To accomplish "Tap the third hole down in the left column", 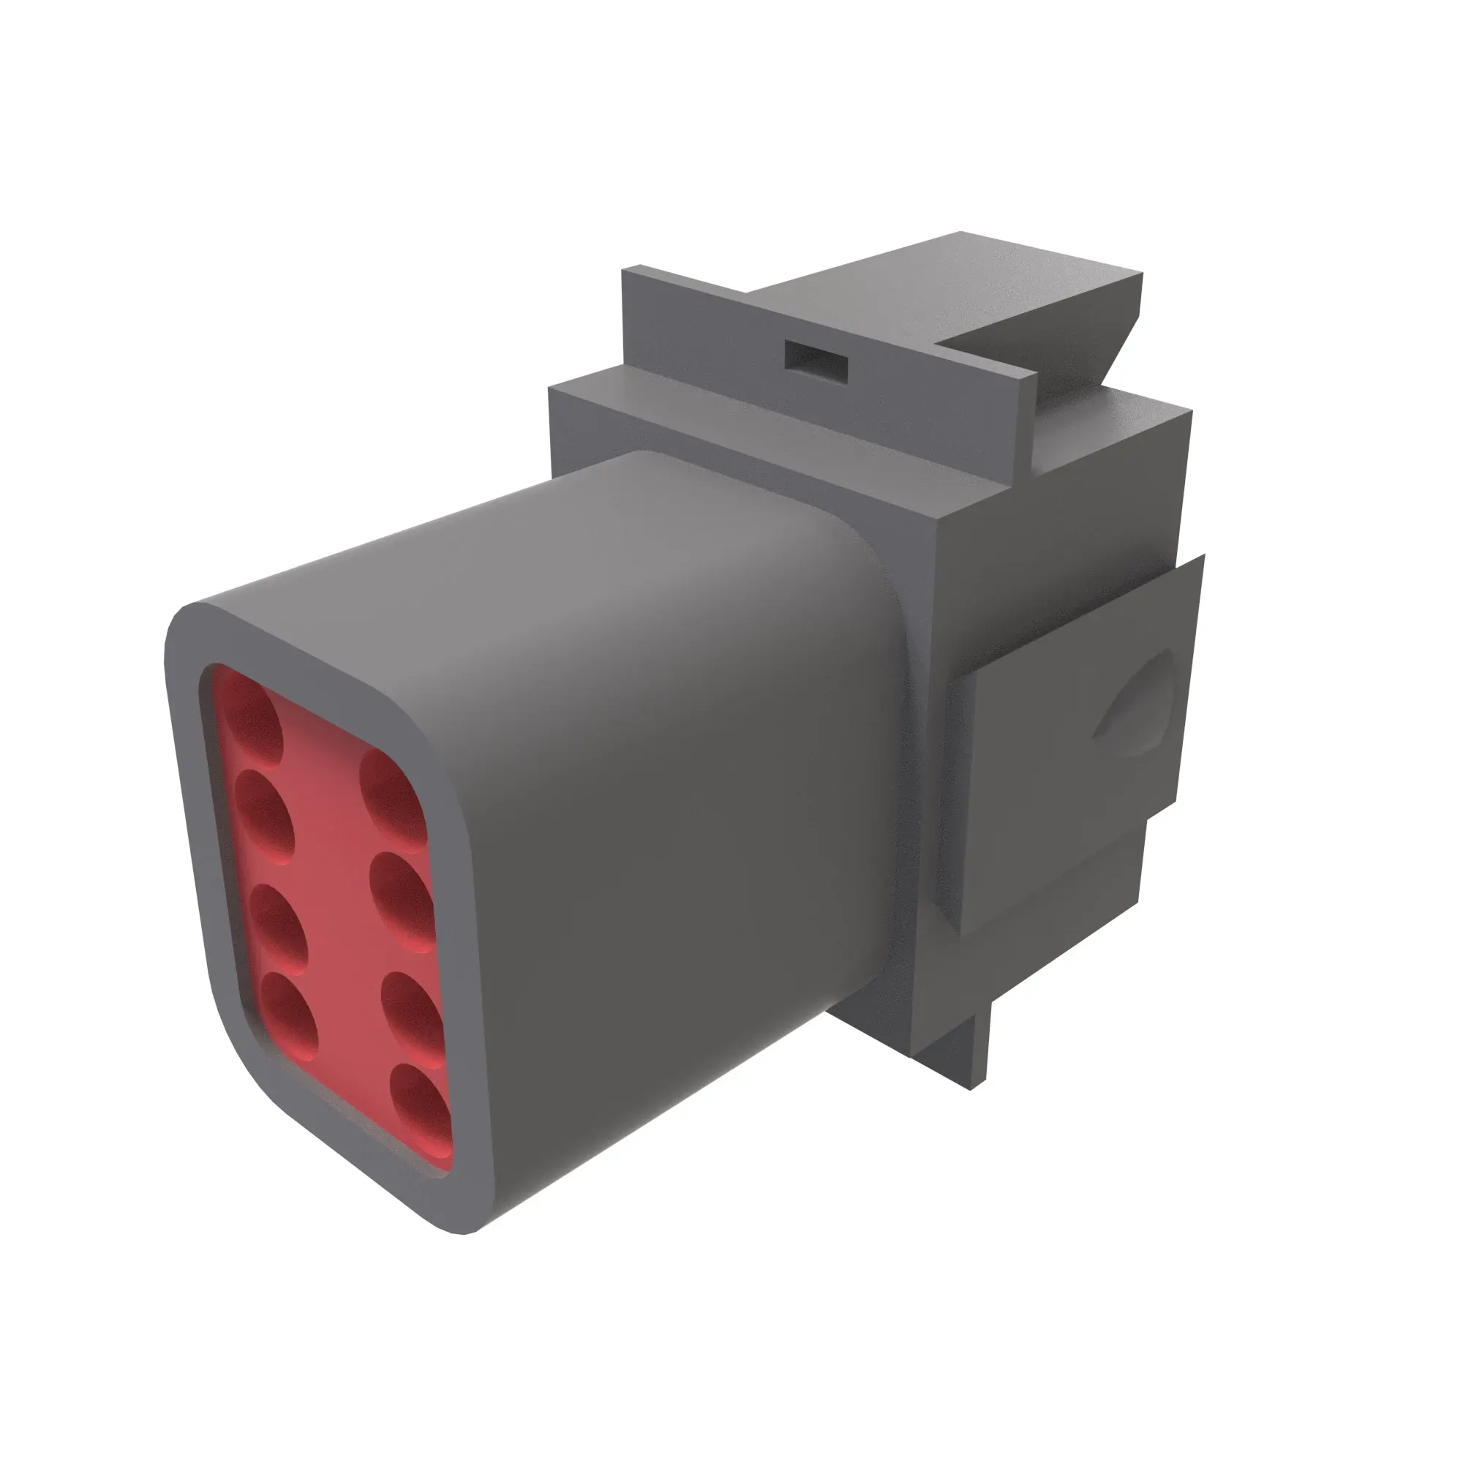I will [x=279, y=925].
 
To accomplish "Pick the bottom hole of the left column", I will [x=288, y=1015].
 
